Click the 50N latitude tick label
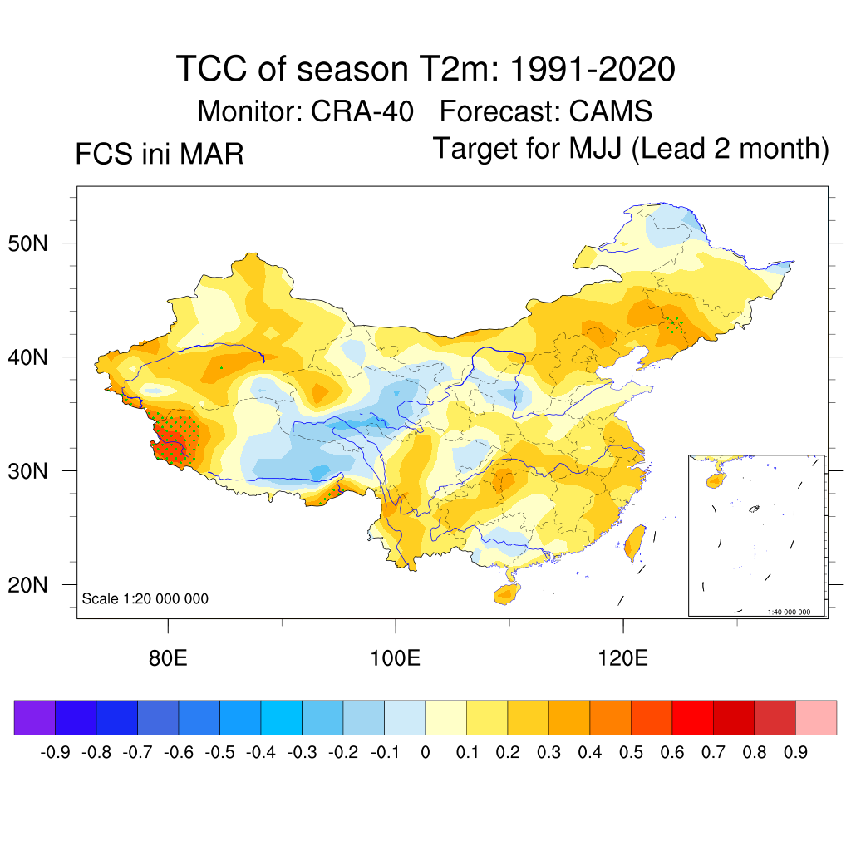point(37,243)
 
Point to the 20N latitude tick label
point(37,585)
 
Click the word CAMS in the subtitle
point(611,111)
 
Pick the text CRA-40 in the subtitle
point(363,111)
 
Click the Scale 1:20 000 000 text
point(145,598)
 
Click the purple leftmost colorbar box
point(34,717)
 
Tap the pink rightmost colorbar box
point(816,717)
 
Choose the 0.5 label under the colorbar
point(631,753)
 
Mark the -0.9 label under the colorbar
point(55,753)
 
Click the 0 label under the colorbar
point(425,753)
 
